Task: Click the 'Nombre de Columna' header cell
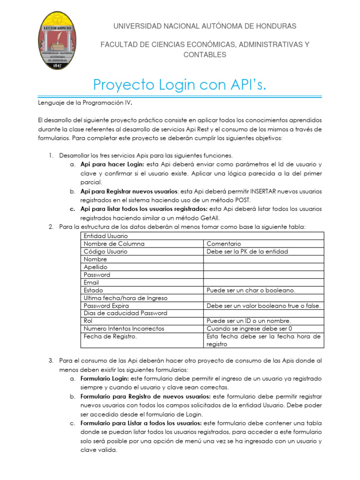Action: (114, 244)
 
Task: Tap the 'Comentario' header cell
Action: (224, 244)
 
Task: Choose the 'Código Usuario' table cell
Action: (105, 251)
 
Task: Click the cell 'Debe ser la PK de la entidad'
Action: (247, 251)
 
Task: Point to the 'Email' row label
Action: (91, 283)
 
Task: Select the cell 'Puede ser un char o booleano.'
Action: (251, 290)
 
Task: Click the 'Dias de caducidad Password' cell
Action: (125, 313)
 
